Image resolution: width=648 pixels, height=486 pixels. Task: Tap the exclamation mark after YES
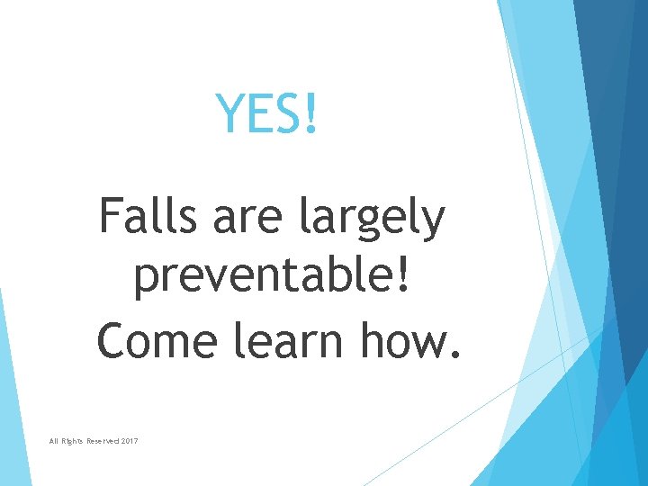311,113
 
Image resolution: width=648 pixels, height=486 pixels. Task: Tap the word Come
157,341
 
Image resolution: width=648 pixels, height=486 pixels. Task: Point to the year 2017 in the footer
127,441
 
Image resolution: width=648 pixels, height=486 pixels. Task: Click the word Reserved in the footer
94,441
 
